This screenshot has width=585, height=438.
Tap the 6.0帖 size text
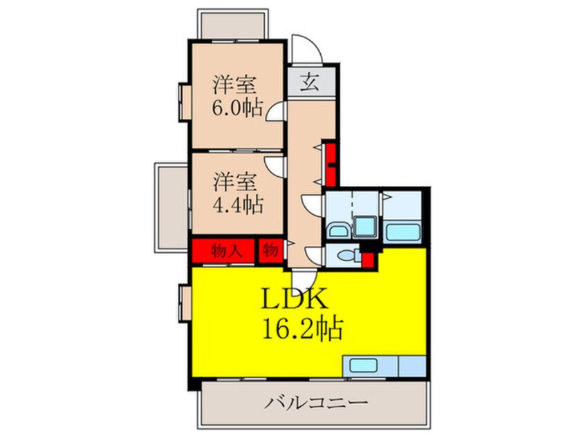coord(236,108)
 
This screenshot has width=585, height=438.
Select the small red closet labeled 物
coord(270,250)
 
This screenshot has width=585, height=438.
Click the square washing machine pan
coord(364,227)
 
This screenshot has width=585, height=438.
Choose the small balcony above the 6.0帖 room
coord(233,26)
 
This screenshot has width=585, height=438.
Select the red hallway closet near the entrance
coord(331,164)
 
